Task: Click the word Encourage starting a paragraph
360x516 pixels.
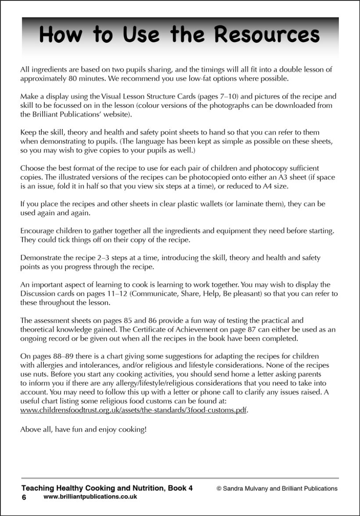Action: coord(38,231)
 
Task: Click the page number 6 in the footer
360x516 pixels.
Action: coord(24,497)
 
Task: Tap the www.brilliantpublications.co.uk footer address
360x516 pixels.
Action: coord(90,497)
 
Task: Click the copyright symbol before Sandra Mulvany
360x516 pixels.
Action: coord(219,488)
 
